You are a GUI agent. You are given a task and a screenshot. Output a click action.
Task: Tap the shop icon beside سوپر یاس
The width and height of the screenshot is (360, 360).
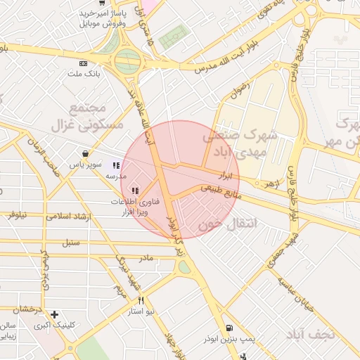coord(86,153)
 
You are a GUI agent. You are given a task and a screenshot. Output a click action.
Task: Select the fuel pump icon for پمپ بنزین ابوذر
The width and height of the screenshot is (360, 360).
coord(231,328)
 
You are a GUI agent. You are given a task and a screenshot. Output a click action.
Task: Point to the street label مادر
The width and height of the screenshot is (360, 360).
coord(146,257)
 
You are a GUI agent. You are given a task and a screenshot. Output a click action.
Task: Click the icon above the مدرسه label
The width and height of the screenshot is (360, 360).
coord(116,166)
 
